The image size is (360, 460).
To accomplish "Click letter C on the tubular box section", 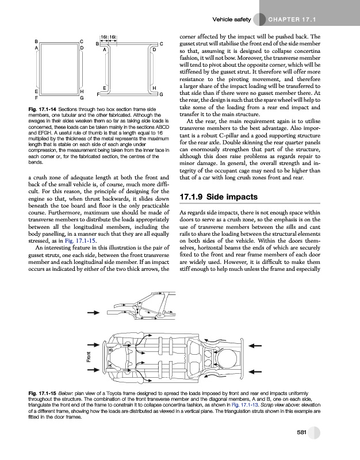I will pos(83,42).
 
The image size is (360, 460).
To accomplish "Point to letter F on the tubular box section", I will pos(36,98).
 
